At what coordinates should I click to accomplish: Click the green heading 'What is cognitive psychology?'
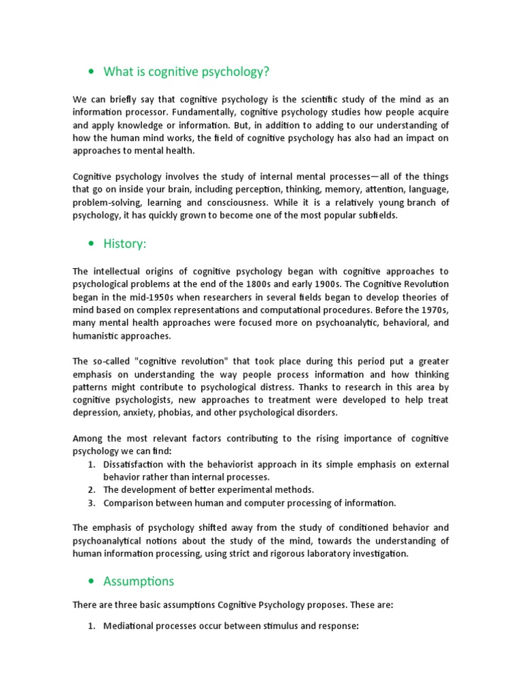[x=181, y=72]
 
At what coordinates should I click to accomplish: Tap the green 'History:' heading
[x=124, y=244]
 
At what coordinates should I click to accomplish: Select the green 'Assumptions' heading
[x=139, y=581]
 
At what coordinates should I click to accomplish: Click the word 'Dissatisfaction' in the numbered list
[x=137, y=464]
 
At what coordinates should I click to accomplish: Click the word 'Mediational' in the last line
[x=131, y=626]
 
